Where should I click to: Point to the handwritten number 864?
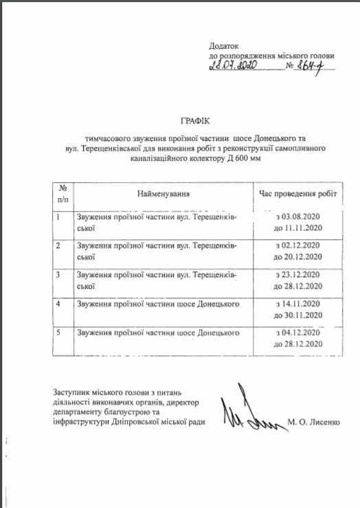tap(317, 67)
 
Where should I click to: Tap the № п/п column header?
tap(63, 192)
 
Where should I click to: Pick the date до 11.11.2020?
tap(298, 228)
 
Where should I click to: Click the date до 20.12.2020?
tap(298, 256)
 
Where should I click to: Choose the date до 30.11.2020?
tap(298, 315)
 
